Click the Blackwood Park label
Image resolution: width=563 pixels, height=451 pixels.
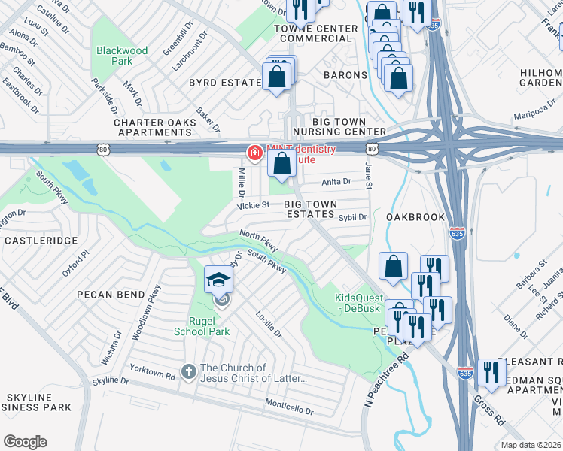pos(121,56)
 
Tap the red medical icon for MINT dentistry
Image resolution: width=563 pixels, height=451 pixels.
pos(255,153)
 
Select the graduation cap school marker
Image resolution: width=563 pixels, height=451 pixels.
pos(218,281)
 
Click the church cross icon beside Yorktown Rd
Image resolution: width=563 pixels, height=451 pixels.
pos(188,370)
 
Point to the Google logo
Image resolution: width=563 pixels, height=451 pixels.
pos(25,442)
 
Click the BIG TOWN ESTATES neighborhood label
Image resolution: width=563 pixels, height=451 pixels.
pos(309,209)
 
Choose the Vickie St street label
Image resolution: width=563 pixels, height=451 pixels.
pos(253,205)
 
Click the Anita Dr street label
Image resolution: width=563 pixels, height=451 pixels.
pos(336,181)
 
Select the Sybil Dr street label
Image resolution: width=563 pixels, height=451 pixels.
pos(351,217)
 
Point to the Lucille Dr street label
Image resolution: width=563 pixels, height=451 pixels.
pos(267,324)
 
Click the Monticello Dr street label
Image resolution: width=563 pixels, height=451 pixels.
pos(288,408)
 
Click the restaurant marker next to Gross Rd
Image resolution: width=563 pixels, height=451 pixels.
pos(491,374)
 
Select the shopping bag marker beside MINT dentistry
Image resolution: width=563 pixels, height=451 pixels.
pos(281,162)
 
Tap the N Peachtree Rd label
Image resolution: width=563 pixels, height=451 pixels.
pos(390,377)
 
